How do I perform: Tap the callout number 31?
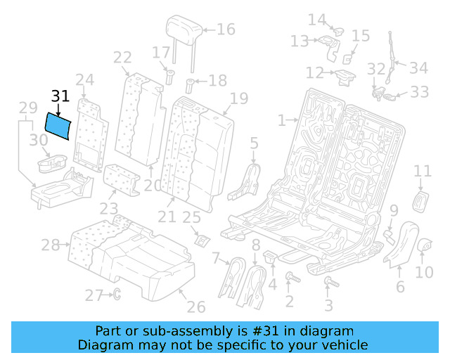(x=60, y=97)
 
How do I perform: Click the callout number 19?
(x=239, y=98)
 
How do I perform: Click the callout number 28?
(x=50, y=245)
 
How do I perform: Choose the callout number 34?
(x=418, y=68)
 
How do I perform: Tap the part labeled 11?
(x=421, y=200)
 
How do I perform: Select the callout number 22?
(x=122, y=58)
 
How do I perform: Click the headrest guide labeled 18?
(x=191, y=87)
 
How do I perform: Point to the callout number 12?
(x=314, y=72)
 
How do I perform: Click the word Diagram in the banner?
(x=103, y=345)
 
